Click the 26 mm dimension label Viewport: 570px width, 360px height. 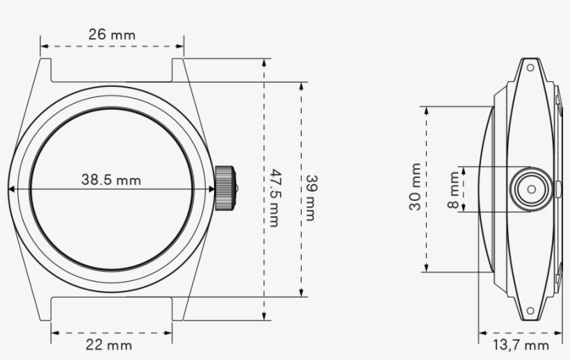[112, 33]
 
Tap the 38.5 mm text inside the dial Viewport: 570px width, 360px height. [111, 180]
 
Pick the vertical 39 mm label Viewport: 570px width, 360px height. [311, 198]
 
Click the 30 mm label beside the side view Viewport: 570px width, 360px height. [415, 188]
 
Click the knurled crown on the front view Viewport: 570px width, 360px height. [226, 188]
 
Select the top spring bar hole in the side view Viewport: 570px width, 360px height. [530, 68]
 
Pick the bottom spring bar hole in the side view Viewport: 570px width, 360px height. [530, 310]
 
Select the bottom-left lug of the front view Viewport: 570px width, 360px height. [46, 307]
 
